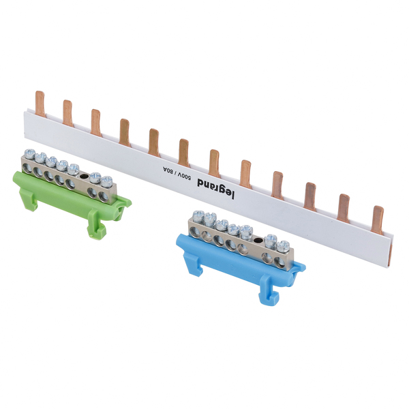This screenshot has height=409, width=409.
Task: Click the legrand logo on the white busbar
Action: pyautogui.click(x=215, y=188)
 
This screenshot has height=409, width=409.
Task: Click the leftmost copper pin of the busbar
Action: pyautogui.click(x=40, y=104)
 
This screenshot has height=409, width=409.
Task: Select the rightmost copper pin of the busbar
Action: pyautogui.click(x=378, y=220)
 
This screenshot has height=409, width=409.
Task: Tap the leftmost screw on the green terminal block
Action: pyautogui.click(x=30, y=154)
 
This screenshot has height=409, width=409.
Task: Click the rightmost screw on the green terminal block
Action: pyautogui.click(x=106, y=181)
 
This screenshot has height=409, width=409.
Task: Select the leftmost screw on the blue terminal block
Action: pyautogui.click(x=198, y=216)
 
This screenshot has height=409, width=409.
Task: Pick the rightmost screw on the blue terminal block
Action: pyautogui.click(x=283, y=247)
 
